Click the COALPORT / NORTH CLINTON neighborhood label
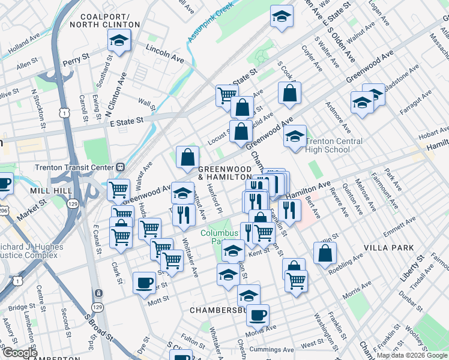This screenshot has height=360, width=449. (104, 20)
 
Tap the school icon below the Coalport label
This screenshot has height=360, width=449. (119, 41)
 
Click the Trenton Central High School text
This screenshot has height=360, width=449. (334, 145)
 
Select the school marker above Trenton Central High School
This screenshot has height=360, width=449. (295, 136)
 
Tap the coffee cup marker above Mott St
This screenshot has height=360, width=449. (143, 282)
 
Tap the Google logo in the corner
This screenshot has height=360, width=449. (19, 353)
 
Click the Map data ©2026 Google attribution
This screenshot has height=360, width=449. (412, 355)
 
